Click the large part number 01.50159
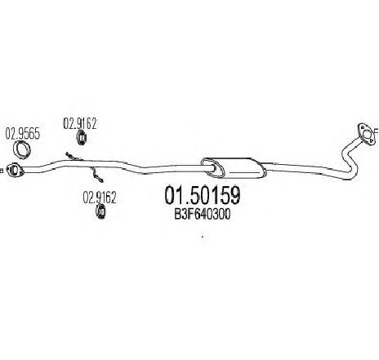tap(203, 195)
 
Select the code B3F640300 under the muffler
tap(203, 214)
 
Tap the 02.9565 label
tap(23, 134)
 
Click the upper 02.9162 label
tap(80, 123)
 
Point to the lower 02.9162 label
tap(100, 198)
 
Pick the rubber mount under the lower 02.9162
tap(100, 211)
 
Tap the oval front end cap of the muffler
tap(213, 167)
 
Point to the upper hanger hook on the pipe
tap(74, 157)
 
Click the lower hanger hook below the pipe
tap(97, 175)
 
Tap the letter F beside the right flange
tap(377, 131)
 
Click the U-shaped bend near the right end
tap(350, 163)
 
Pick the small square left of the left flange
tap(1, 171)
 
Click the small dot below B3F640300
tap(203, 237)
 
